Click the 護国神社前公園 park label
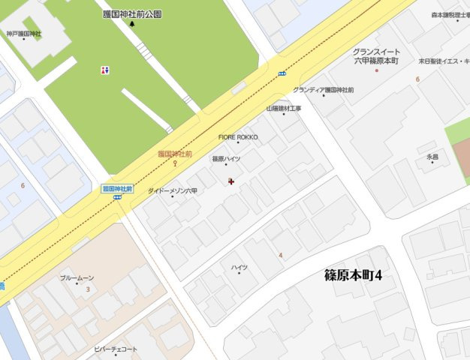(x=132, y=14)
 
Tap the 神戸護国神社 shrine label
(x=24, y=34)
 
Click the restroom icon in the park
(x=104, y=70)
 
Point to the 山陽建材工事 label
(x=283, y=109)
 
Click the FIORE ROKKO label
(x=238, y=137)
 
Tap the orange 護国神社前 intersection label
(x=176, y=153)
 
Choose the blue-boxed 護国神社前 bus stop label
(x=117, y=189)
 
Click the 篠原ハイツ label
(x=226, y=159)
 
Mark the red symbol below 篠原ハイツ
(x=230, y=181)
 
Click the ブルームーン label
(x=77, y=277)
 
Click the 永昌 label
(x=432, y=157)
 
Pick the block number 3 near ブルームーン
(x=88, y=289)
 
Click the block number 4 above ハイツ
(x=281, y=255)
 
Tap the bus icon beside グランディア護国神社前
(x=282, y=73)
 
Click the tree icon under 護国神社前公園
(x=132, y=24)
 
